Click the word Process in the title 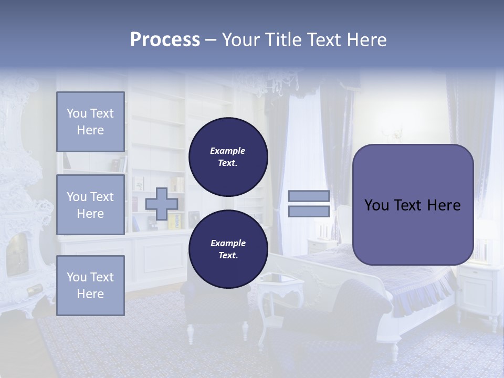click(x=165, y=40)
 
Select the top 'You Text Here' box click(x=90, y=122)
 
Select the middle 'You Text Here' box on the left click(x=90, y=205)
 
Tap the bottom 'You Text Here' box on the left click(x=90, y=285)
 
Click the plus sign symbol click(x=162, y=204)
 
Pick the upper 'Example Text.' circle click(x=228, y=156)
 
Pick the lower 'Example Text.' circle click(x=228, y=249)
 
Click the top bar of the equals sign click(x=309, y=196)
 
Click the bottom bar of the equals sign click(x=309, y=212)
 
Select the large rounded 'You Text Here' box click(x=413, y=205)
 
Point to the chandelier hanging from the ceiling click(x=278, y=84)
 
